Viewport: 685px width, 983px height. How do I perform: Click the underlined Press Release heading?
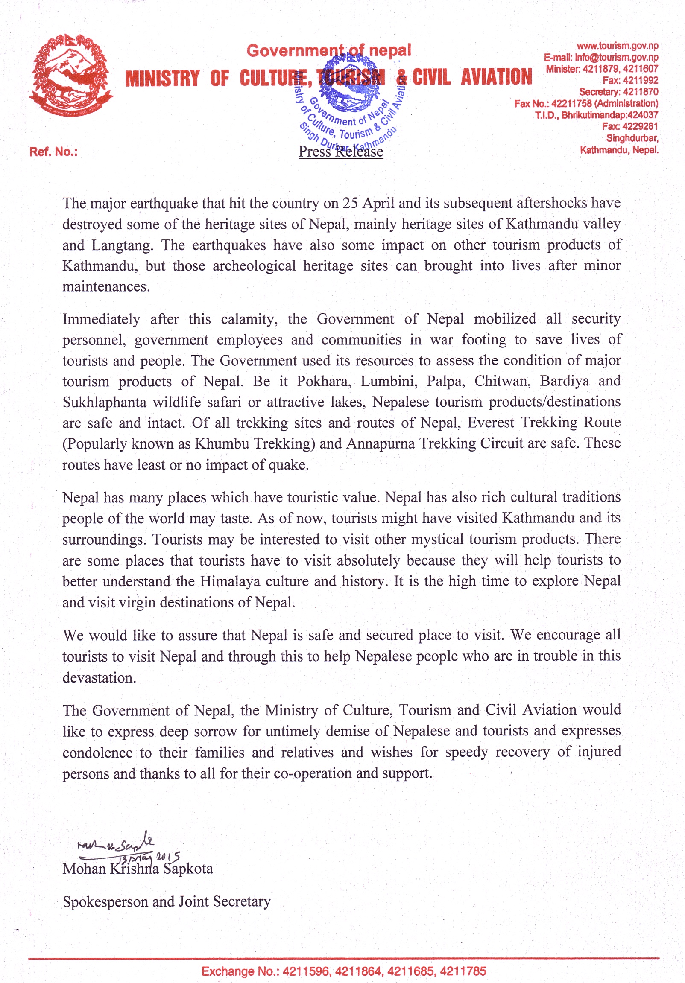pos(340,152)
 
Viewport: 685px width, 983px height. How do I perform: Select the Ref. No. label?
pos(53,152)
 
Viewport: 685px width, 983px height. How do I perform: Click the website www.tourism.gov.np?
pos(617,46)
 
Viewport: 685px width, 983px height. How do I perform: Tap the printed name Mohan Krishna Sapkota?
pos(138,869)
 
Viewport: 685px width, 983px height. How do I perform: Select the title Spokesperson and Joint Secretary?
pos(167,901)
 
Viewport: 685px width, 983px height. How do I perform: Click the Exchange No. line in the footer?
pos(344,971)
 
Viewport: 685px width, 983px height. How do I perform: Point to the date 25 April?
pos(368,203)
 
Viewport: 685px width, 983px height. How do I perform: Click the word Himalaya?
pos(231,581)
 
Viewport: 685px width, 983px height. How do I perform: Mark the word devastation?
pos(99,678)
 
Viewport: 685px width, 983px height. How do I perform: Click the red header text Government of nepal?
pos(328,50)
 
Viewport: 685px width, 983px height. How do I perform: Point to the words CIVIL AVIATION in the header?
pos(472,78)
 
